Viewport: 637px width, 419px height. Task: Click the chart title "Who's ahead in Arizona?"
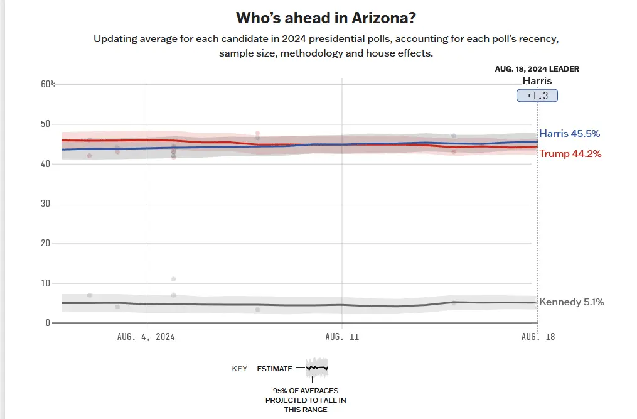[325, 17]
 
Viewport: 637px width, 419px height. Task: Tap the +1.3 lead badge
[537, 95]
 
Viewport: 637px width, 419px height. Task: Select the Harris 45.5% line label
[569, 134]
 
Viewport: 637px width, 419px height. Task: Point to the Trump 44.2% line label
[570, 153]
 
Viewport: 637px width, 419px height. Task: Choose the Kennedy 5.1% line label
[571, 302]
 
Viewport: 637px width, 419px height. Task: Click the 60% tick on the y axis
[48, 84]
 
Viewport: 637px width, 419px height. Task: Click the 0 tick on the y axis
[47, 323]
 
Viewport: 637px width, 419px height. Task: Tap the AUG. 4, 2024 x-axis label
[146, 337]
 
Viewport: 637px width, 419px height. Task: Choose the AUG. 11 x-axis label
[342, 337]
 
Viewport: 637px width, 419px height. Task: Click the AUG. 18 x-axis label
[538, 337]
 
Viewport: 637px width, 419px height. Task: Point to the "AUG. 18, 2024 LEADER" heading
[537, 69]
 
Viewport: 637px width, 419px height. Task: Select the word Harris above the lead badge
[537, 81]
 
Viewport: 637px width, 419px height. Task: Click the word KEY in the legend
[240, 369]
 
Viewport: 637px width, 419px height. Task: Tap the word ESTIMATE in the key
[274, 369]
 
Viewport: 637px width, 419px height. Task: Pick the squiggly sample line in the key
[317, 367]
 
